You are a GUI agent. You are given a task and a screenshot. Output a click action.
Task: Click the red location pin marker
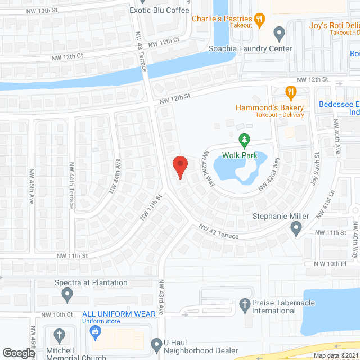pos(179,166)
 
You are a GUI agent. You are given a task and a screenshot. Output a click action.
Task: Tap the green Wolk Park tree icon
pos(244,139)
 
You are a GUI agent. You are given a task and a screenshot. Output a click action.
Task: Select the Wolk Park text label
pos(240,155)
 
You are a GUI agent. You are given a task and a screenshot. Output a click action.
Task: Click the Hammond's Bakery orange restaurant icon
pos(290,92)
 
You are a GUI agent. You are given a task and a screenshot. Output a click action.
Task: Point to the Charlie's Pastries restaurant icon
pos(259,20)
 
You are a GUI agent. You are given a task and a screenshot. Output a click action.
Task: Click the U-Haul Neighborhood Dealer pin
pos(157,343)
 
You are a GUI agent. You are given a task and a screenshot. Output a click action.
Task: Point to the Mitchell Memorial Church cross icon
pos(58,336)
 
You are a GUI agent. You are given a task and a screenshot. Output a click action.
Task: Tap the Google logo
pos(18,353)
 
